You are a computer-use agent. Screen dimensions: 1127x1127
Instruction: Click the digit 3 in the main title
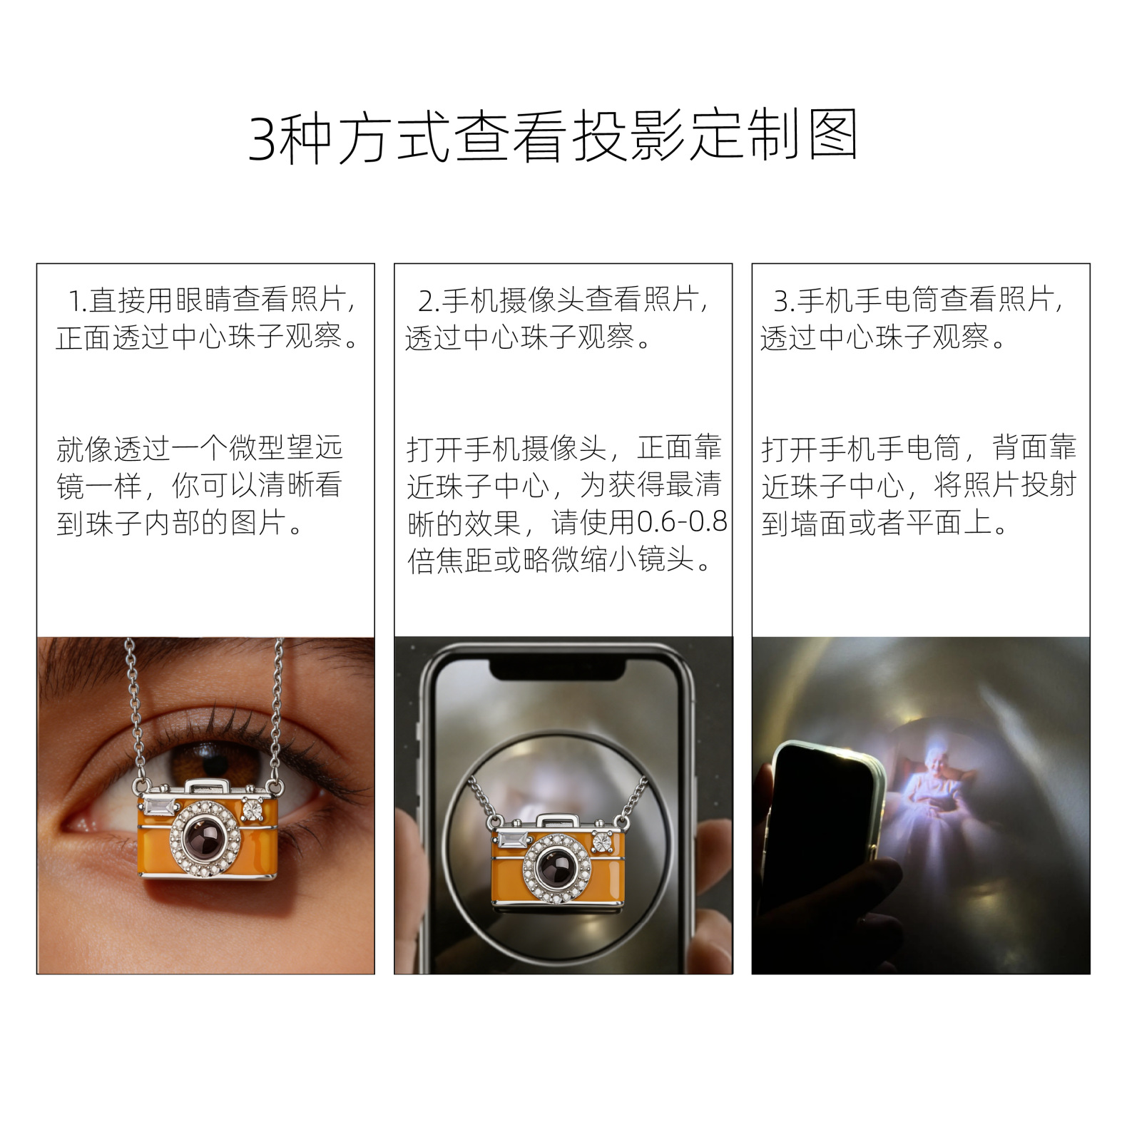(262, 138)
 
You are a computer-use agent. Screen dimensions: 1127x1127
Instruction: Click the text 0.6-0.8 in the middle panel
(682, 523)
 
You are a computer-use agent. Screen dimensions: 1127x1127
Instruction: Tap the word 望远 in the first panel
(315, 449)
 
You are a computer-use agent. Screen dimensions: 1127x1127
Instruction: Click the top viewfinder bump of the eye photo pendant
(207, 787)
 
